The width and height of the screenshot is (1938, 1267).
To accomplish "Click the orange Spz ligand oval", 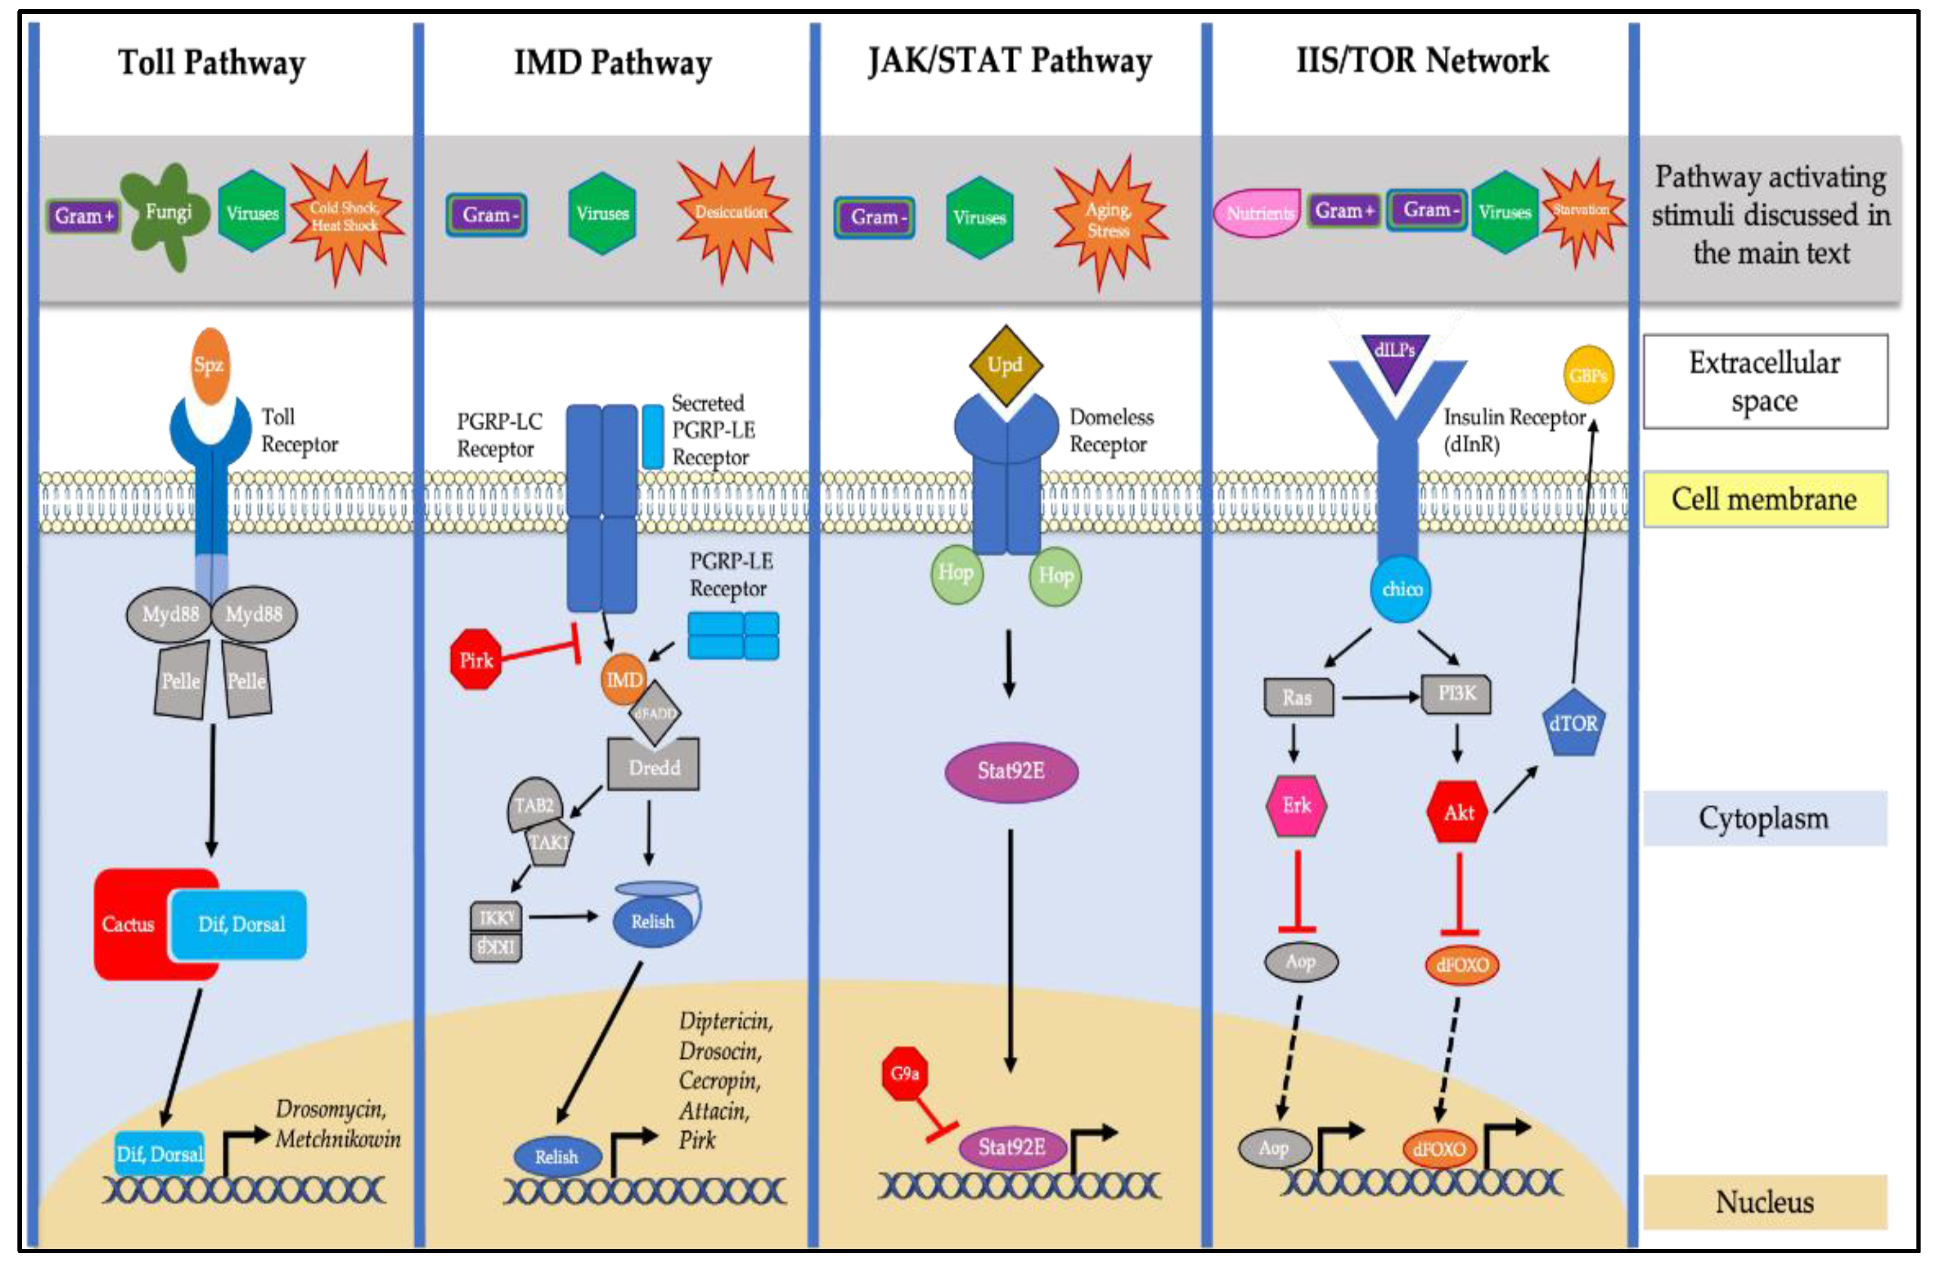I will pos(210,365).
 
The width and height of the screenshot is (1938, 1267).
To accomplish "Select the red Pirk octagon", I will pos(476,659).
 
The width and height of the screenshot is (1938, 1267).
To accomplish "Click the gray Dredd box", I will pos(654,767).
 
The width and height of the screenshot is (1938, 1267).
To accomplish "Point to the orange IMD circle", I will pos(623,679).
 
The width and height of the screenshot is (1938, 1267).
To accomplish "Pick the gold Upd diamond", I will pos(1006,365).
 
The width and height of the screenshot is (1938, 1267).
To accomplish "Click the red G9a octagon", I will pos(905,1073).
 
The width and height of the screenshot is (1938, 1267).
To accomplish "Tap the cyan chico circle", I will pos(1400,589).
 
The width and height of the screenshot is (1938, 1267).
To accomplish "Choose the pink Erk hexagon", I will pos(1297,805).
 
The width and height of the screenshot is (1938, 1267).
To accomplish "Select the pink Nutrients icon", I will pos(1258,214).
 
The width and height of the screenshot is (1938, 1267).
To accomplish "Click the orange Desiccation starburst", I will pos(731,214).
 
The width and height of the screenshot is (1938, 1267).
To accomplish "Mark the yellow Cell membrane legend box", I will pos(1764,499).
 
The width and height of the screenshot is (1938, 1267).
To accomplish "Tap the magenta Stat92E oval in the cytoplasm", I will pos(1010,771).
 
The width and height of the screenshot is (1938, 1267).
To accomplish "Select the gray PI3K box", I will pos(1456,693).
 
